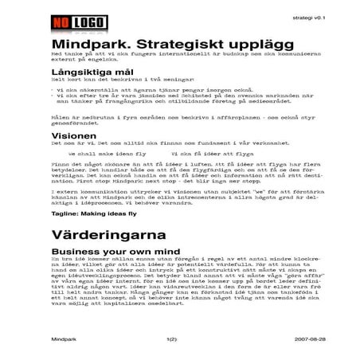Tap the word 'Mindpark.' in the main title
click(x=86, y=45)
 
